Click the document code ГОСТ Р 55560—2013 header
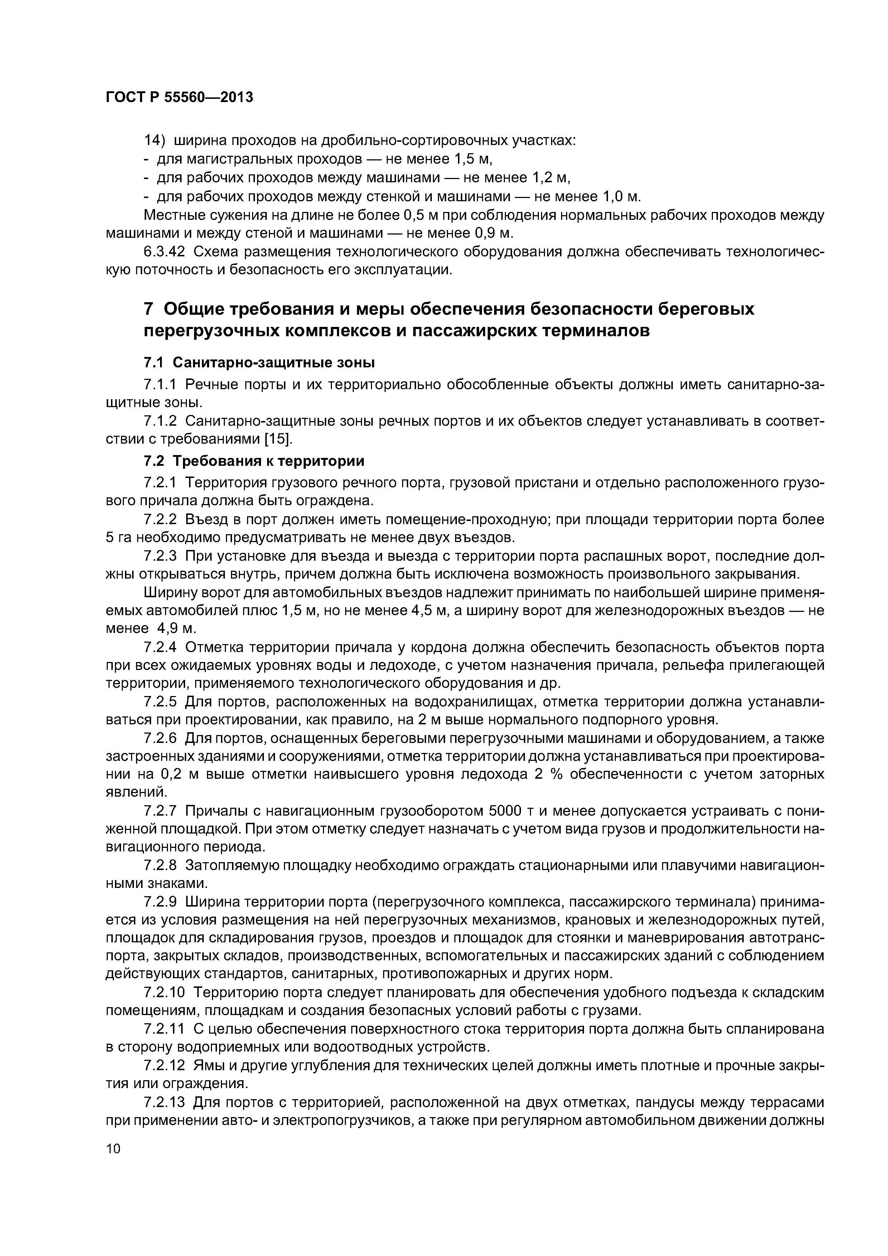[179, 97]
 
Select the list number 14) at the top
[154, 141]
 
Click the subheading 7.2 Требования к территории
[254, 461]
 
